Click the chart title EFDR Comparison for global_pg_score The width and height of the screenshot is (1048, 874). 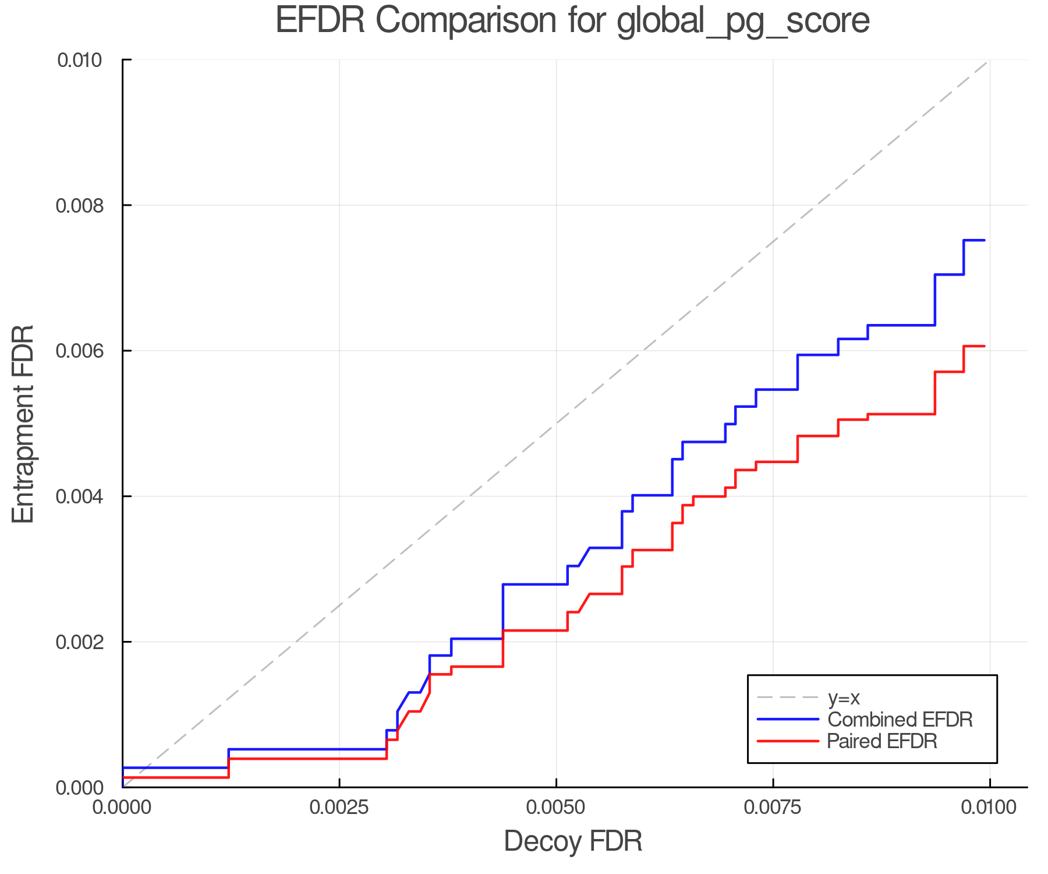pyautogui.click(x=572, y=21)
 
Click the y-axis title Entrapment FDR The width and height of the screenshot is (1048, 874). pyautogui.click(x=23, y=424)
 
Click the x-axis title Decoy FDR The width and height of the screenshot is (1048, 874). pyautogui.click(x=573, y=841)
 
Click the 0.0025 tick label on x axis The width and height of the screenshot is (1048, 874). pyautogui.click(x=339, y=807)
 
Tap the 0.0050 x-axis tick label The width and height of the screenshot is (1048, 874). pyautogui.click(x=556, y=807)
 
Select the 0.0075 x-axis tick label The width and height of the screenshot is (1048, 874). pyautogui.click(x=773, y=807)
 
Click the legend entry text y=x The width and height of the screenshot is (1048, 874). pyautogui.click(x=844, y=697)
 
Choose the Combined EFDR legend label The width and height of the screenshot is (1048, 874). pyautogui.click(x=900, y=720)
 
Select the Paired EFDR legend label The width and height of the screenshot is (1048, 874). pyautogui.click(x=882, y=741)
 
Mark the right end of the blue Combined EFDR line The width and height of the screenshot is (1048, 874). pyautogui.click(x=984, y=240)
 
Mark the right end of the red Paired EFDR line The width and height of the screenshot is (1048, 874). pyautogui.click(x=984, y=346)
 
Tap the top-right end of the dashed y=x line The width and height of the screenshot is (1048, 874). pyautogui.click(x=988, y=61)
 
